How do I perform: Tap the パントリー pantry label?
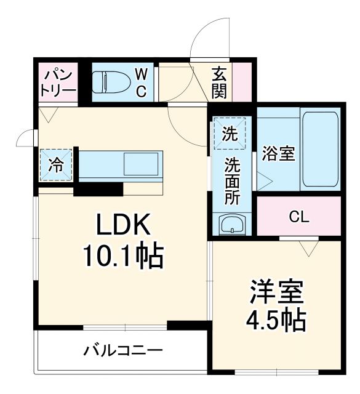[x=58, y=82]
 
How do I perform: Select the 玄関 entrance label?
[x=220, y=82]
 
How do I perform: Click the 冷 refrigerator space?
[x=56, y=165]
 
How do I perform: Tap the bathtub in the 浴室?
[x=321, y=150]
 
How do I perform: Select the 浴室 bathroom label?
[x=278, y=153]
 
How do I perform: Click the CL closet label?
[x=299, y=217]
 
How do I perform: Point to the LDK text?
[x=122, y=227]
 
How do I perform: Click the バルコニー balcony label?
[x=123, y=352]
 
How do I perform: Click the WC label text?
[x=141, y=83]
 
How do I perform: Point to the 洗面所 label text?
[x=231, y=181]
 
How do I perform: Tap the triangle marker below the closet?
[x=307, y=247]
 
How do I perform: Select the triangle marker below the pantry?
[x=47, y=114]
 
